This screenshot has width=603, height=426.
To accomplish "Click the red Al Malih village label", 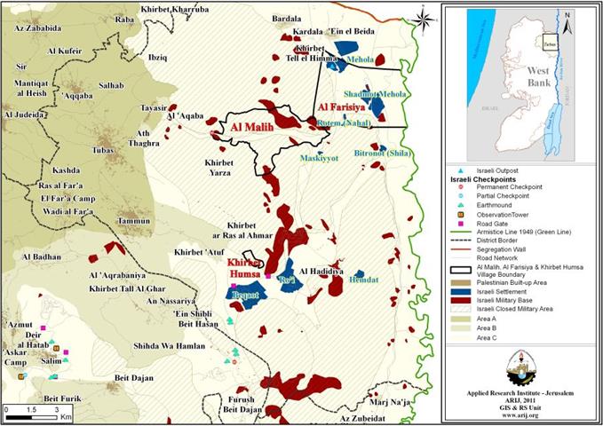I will [250, 127].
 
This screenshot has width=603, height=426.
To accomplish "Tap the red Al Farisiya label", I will [347, 109].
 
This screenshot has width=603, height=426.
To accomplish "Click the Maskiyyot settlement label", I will [319, 159].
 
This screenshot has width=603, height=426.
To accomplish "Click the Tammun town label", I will [134, 220].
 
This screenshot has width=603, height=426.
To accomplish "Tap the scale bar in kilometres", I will [34, 411].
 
